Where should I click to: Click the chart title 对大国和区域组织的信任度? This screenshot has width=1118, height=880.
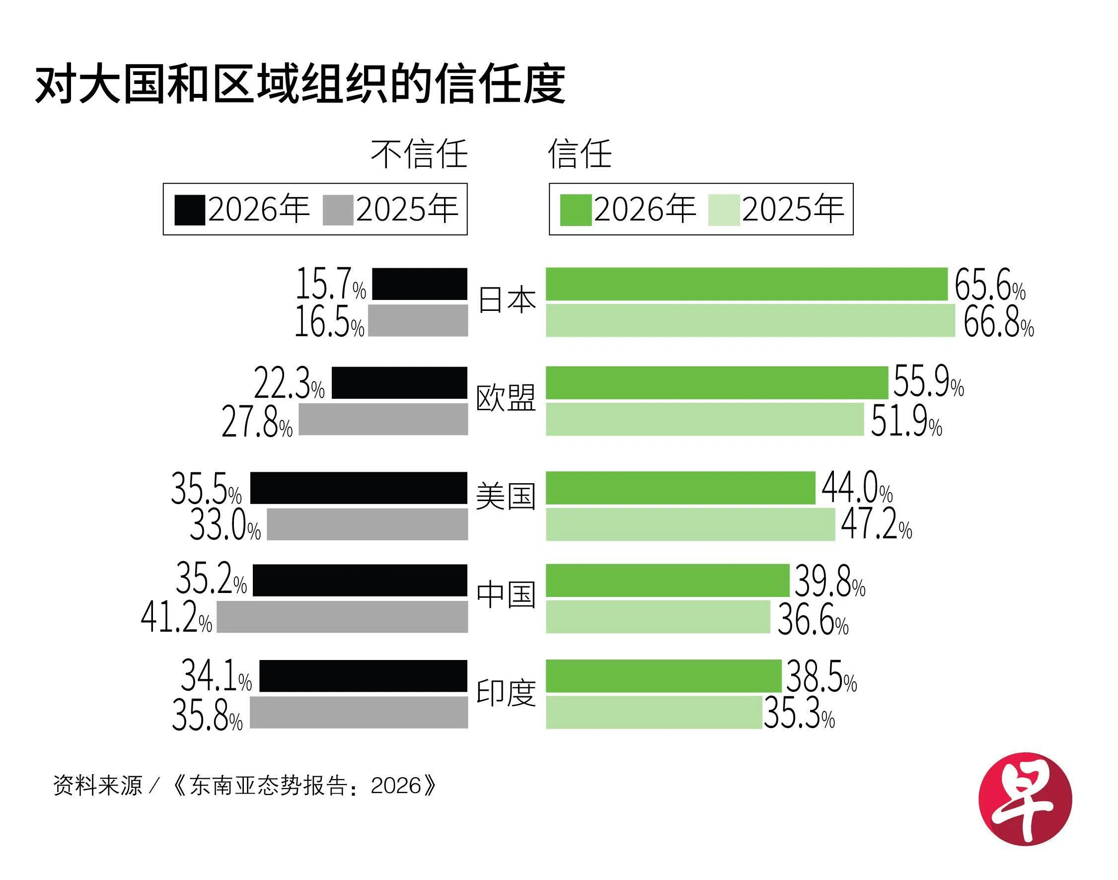300,84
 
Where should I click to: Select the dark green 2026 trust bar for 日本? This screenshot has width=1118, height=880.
746,284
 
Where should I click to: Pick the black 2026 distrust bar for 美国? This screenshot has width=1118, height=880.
359,487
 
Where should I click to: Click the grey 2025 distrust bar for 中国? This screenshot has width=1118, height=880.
342,617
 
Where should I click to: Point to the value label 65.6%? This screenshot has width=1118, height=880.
989,285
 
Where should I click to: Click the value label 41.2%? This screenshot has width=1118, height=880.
176,618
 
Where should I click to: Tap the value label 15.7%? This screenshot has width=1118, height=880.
330,284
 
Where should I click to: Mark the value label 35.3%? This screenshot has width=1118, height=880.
799,714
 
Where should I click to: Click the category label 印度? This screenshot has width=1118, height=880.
506,693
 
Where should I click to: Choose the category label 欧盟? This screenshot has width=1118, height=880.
506,398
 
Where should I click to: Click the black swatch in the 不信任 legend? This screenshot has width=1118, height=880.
190,210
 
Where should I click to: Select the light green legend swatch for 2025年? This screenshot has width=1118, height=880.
723,210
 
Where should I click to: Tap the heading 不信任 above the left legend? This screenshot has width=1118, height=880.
419,154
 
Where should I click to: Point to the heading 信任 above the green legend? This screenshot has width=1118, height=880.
580,154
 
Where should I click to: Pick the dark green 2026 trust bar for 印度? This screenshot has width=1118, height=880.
663,675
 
